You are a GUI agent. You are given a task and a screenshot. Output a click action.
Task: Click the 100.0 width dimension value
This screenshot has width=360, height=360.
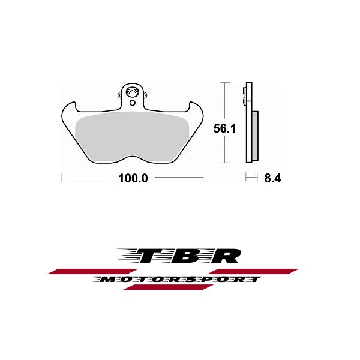tap(133, 178)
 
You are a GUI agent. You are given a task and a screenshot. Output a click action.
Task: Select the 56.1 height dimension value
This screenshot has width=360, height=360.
tap(224, 128)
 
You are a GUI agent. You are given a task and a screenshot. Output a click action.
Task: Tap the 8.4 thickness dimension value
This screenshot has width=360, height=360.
tap(272, 178)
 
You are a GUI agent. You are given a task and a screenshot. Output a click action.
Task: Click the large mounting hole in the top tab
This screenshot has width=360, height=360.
tap(133, 92)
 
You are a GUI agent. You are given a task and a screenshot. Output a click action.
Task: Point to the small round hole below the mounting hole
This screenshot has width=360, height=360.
tap(132, 103)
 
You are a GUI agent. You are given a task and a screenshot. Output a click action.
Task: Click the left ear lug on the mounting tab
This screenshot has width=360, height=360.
tap(119, 94)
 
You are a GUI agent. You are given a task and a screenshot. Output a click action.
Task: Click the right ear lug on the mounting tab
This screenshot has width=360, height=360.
tap(145, 94)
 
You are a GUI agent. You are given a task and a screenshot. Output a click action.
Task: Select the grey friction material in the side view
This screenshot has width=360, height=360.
tap(255, 136)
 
